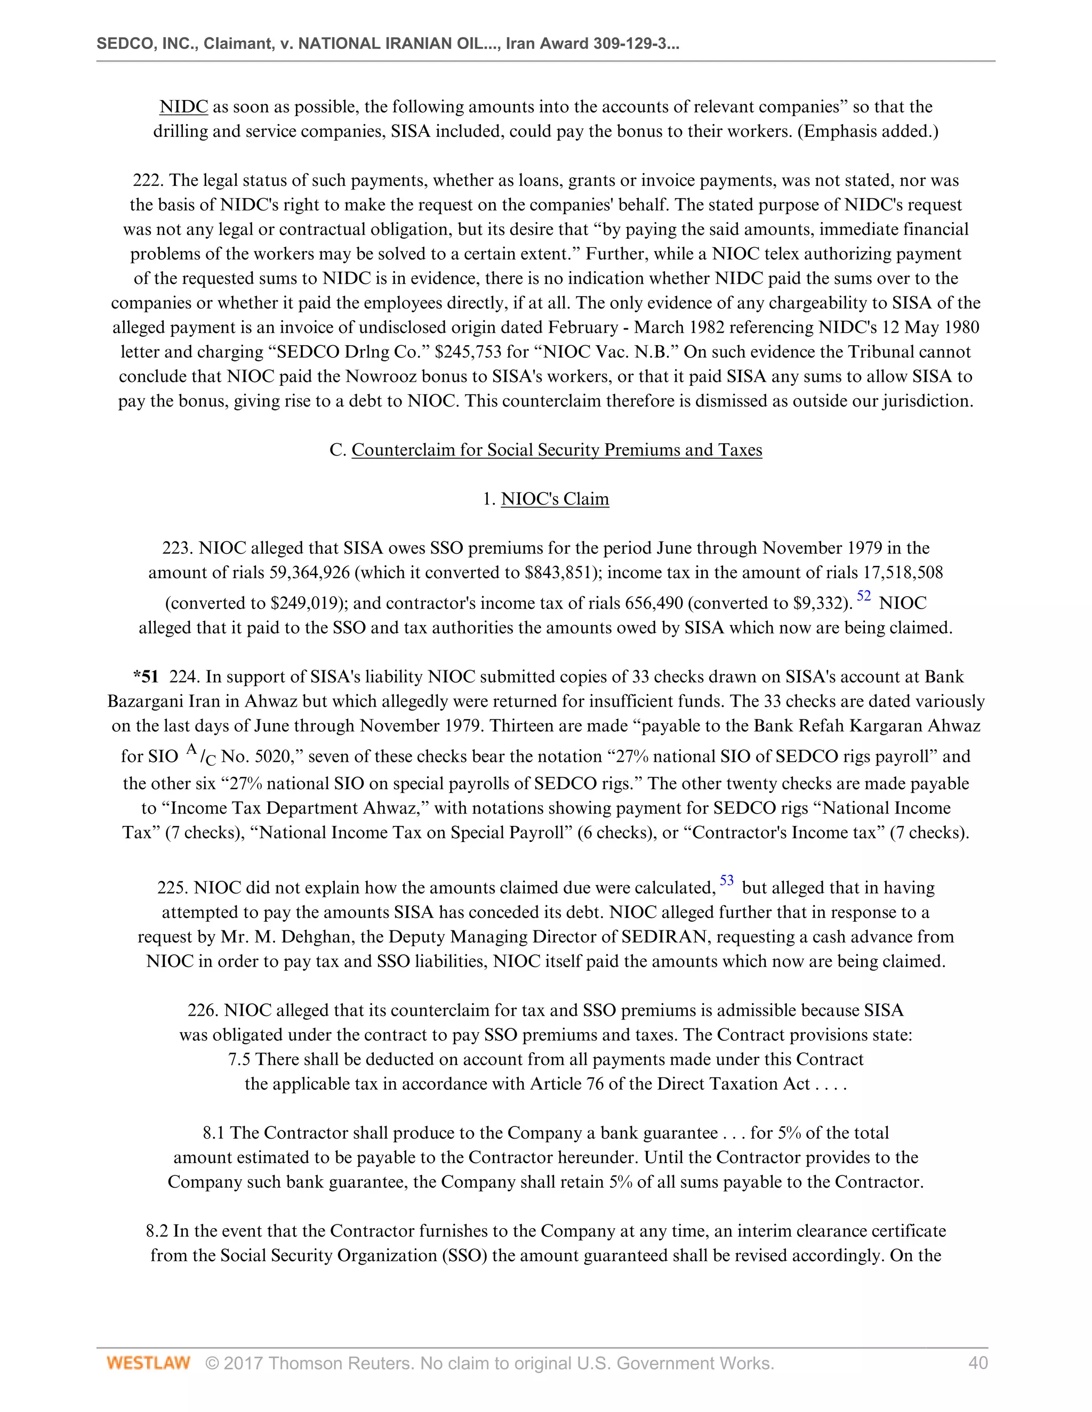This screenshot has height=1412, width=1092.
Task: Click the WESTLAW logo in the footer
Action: (x=148, y=1363)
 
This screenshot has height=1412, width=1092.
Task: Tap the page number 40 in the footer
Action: (x=977, y=1363)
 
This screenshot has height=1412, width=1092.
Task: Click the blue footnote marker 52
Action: (x=864, y=596)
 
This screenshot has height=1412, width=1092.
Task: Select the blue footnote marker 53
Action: (x=727, y=881)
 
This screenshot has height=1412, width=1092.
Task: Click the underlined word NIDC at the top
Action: (x=184, y=107)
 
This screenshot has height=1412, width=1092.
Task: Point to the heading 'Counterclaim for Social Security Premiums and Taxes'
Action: (x=556, y=450)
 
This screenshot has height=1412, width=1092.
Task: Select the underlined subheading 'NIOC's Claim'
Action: (x=555, y=499)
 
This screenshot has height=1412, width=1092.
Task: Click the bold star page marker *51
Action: (x=146, y=677)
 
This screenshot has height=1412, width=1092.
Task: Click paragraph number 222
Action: (x=148, y=181)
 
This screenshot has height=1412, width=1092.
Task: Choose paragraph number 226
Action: (x=203, y=1010)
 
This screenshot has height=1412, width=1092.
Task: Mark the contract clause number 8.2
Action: (x=158, y=1231)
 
